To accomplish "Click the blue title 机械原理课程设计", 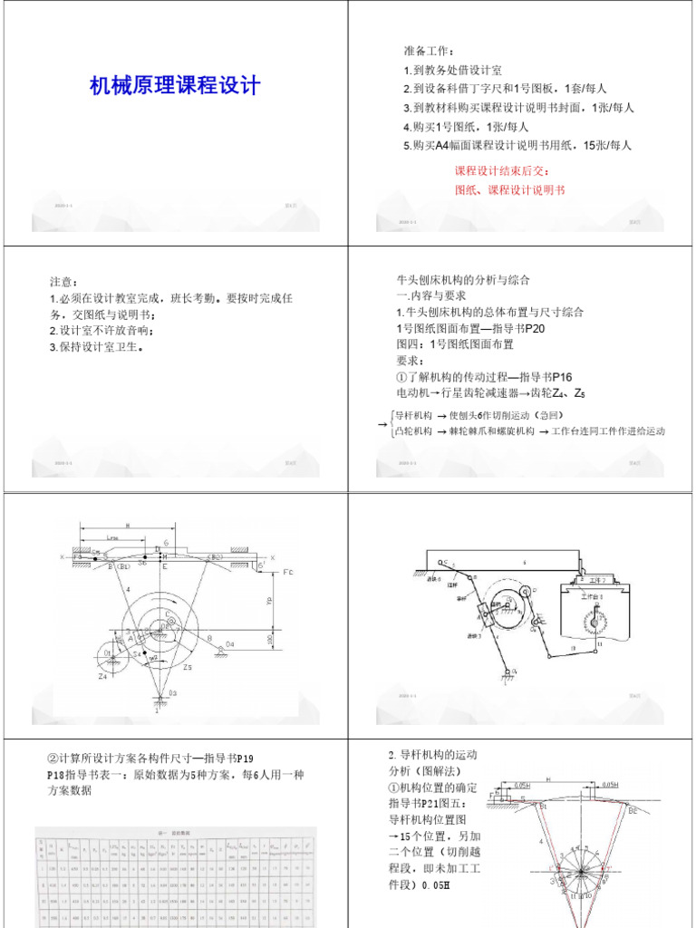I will [175, 86].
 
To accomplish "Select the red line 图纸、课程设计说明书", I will [509, 189].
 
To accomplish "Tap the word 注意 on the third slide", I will [64, 282].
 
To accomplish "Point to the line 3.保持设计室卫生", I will [97, 347].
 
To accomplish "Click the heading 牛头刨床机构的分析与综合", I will [463, 279].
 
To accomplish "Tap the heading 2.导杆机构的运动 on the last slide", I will [432, 754].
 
